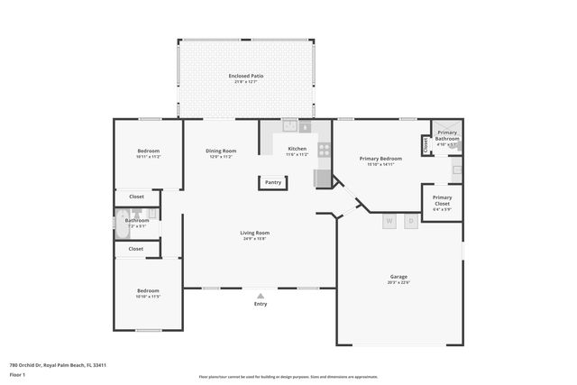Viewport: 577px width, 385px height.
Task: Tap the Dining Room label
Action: pos(220,150)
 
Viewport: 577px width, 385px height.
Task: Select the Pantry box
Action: pos(272,182)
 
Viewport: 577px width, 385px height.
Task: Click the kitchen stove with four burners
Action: pos(324,151)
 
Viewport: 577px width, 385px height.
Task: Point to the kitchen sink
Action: pos(290,125)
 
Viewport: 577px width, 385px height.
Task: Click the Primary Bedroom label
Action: pos(384,158)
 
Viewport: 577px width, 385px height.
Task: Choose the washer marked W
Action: pos(389,220)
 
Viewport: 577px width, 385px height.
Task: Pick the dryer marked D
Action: pos(411,220)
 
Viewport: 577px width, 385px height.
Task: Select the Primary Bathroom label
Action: pos(447,135)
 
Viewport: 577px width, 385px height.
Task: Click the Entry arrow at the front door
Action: pos(261,295)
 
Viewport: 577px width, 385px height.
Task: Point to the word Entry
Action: pos(261,304)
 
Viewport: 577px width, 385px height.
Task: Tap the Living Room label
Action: pos(254,233)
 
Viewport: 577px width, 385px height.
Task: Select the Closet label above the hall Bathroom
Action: pos(136,196)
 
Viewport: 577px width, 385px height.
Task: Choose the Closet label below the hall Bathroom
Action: pos(135,248)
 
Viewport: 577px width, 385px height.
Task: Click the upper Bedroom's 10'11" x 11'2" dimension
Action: pos(148,157)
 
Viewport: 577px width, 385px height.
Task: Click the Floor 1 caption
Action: pos(17,373)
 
